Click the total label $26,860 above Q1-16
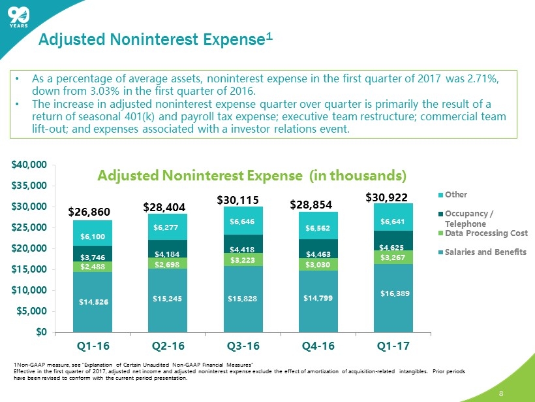point(90,212)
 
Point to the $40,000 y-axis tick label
point(31,165)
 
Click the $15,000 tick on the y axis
point(31,269)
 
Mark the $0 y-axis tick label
point(40,331)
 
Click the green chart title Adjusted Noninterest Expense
point(252,175)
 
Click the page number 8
point(501,393)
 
